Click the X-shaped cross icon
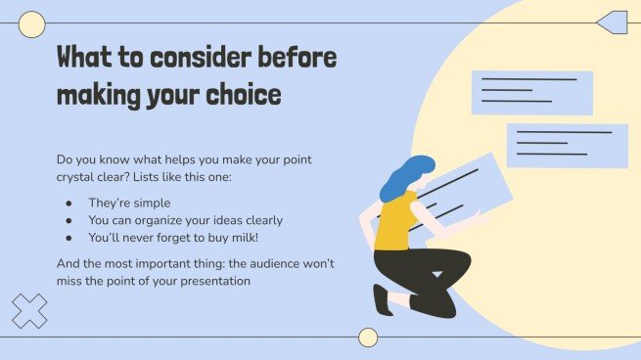pos(29,311)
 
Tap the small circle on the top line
pos(32,24)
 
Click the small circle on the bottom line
pos(368,337)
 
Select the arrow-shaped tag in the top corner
pos(613,22)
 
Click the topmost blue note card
pos(531,92)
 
